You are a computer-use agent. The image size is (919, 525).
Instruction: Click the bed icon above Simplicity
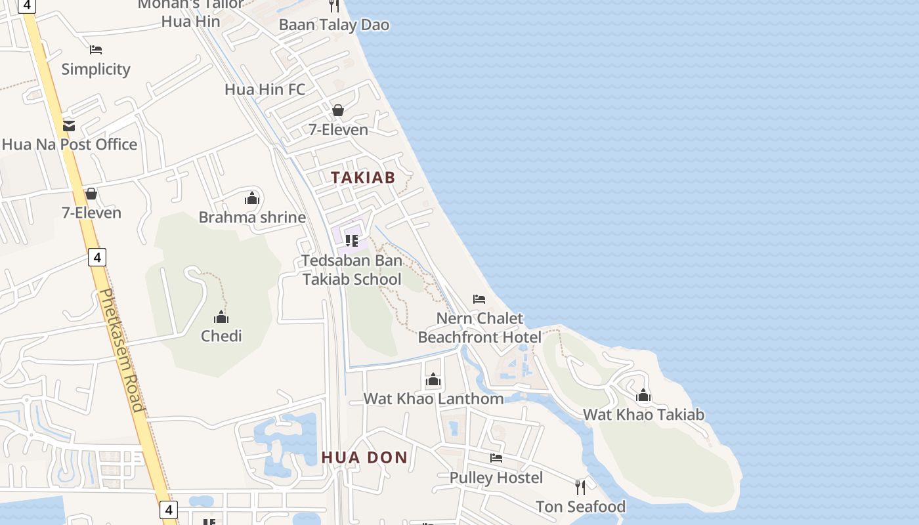96,50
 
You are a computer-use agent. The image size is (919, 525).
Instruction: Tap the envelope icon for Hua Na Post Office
69,125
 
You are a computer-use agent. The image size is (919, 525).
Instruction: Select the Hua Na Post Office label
70,144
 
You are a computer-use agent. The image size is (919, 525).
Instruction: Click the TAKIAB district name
363,177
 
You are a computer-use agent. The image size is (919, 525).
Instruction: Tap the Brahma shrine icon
252,198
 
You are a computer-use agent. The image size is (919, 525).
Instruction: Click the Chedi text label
221,336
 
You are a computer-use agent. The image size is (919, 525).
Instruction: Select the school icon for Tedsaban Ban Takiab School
352,241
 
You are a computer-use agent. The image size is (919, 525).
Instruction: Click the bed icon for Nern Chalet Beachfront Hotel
479,299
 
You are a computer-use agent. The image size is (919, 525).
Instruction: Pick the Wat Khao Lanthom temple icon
433,380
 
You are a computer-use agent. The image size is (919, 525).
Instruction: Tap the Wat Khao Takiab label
643,415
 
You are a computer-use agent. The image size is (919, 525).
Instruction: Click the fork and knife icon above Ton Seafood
580,487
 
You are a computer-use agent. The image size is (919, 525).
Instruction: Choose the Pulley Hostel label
496,477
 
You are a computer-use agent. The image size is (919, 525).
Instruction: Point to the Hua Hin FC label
265,89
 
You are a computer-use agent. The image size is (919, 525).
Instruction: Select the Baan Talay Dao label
333,25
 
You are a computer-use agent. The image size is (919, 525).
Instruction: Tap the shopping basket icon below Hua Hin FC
338,110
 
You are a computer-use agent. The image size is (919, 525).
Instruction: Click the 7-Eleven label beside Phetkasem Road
91,213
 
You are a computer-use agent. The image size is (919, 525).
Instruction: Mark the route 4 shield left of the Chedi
97,257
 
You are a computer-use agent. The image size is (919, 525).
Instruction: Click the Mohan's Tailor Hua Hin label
190,13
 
